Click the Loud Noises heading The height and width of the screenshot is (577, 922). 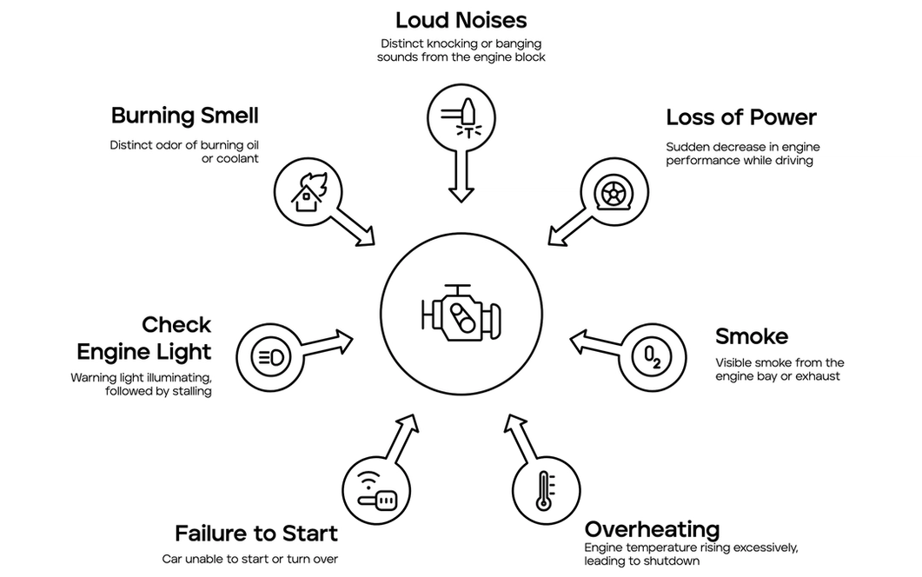coord(461,19)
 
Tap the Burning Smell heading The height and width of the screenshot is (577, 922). coord(184,116)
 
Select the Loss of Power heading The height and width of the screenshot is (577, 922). coord(741,117)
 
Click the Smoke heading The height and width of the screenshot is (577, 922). coord(751,336)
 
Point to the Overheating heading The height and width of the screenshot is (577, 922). coord(652,529)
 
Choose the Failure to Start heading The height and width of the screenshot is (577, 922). coord(255,533)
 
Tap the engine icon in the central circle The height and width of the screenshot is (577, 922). coord(461,315)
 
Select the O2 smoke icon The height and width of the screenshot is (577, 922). coord(651,356)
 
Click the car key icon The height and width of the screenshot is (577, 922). coord(376,491)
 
